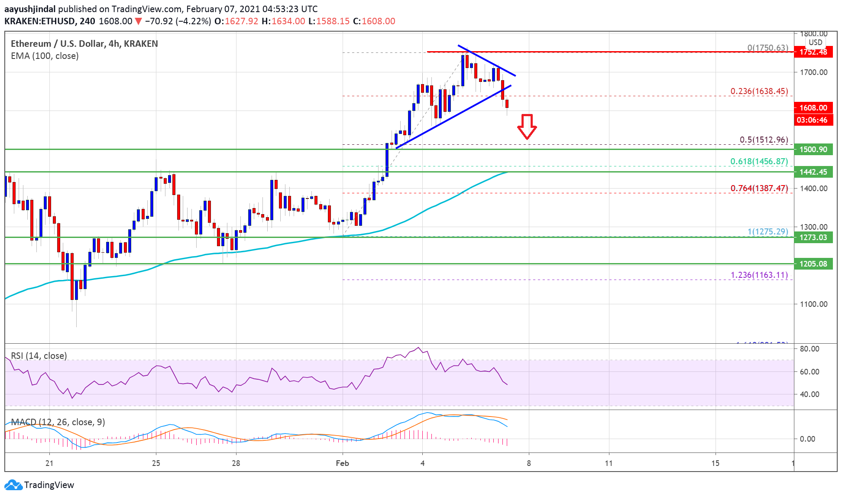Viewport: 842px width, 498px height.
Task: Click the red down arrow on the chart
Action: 527,127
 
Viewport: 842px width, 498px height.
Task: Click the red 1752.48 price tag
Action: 813,52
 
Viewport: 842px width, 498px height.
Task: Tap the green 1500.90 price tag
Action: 813,150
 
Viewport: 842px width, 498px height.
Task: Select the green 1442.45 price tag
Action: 813,172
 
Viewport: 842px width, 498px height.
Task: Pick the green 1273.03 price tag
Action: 813,238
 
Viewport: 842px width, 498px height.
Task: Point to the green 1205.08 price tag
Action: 813,264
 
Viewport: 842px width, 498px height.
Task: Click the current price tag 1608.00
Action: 813,108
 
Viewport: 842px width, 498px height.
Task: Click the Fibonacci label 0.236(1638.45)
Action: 759,91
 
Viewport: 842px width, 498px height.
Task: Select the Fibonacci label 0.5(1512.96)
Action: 764,140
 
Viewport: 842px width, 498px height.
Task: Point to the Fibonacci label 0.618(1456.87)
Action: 759,162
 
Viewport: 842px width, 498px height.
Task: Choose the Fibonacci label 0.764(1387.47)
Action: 759,189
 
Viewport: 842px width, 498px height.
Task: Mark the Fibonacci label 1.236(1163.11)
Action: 759,275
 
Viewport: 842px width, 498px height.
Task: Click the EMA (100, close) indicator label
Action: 45,56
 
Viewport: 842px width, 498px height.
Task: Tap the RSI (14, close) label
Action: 39,356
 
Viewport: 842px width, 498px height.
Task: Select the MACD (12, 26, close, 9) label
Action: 58,422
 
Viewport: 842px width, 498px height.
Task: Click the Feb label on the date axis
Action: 342,463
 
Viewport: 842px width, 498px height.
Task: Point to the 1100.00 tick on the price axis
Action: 813,304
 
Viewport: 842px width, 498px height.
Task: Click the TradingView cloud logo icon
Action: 13,485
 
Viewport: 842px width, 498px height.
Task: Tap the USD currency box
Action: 815,42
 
